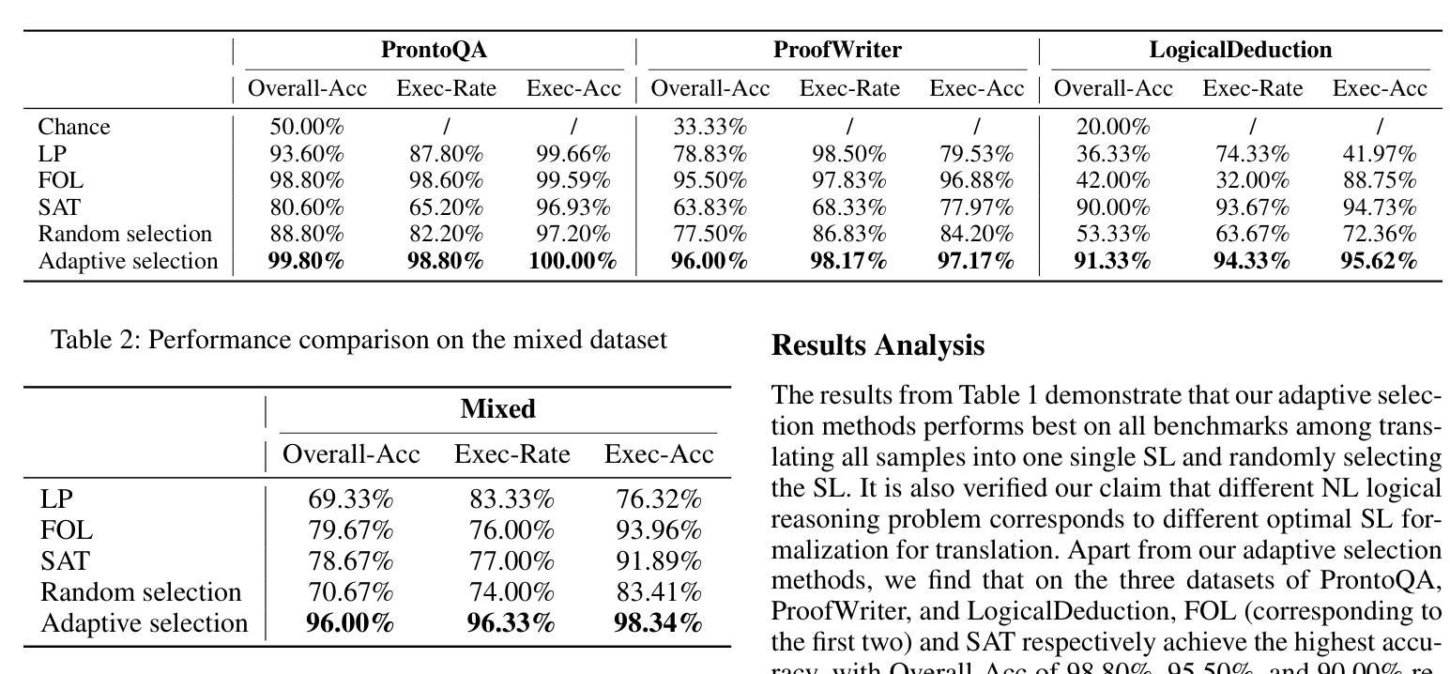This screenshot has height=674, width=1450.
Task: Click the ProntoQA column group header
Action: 434,50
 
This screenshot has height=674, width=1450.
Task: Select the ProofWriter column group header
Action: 837,50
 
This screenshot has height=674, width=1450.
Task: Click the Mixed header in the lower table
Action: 497,409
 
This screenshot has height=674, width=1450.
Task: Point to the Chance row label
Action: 74,127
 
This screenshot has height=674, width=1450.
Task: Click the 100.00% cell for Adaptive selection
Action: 572,261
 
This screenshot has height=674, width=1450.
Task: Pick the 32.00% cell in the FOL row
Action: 1252,180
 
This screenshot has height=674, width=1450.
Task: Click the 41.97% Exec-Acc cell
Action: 1379,154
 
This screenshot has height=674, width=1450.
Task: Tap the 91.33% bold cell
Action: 1112,261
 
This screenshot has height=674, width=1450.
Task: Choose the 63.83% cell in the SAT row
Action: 710,207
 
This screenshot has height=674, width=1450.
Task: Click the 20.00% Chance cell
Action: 1112,127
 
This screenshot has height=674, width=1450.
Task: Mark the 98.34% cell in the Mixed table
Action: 658,623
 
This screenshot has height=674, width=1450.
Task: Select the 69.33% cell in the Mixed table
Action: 350,499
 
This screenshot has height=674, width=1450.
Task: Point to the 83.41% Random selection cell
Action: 658,592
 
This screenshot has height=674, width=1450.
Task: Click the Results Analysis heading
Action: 878,345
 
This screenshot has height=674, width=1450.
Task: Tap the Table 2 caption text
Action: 359,339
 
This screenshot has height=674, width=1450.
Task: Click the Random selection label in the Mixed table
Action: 141,592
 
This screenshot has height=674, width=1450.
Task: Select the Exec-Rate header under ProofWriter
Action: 848,89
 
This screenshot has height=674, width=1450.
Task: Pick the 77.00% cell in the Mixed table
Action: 511,561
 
